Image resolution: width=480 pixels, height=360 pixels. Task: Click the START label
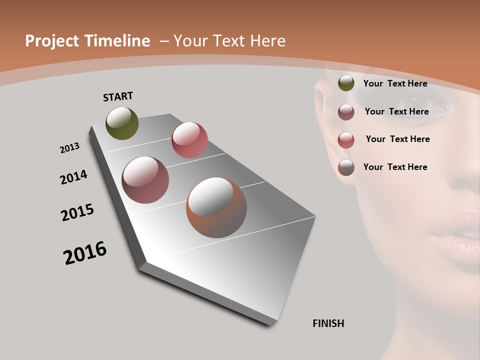tap(118, 96)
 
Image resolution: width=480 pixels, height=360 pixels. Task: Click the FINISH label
tap(328, 323)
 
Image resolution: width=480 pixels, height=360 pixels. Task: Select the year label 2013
tap(69, 148)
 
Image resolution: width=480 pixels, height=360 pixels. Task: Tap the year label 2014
tap(73, 177)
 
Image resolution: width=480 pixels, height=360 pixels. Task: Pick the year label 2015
tap(77, 212)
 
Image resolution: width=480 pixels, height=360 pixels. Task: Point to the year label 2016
tap(85, 253)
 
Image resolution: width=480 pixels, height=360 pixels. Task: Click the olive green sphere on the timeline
tap(122, 123)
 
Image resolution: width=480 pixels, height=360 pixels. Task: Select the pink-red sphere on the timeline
tap(189, 140)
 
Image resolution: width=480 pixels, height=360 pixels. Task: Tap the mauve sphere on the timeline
tap(145, 180)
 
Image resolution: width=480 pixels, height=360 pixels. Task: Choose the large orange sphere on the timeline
tap(216, 207)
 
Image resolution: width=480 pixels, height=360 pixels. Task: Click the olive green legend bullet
tap(346, 83)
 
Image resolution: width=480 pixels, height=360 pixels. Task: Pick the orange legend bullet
tap(346, 167)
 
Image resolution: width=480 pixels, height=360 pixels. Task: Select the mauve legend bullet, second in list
tap(346, 112)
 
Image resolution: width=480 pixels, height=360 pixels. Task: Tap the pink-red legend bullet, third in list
tap(346, 140)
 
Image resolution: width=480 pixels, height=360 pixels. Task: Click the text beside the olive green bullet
tap(395, 83)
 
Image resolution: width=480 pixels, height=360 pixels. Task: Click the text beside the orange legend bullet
tap(395, 167)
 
